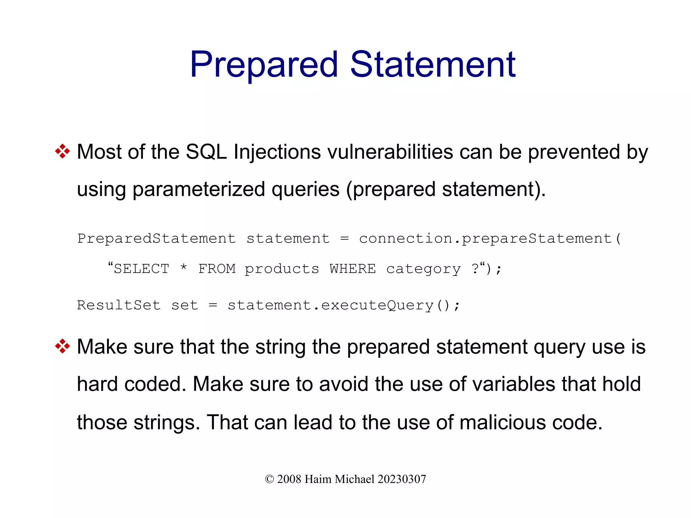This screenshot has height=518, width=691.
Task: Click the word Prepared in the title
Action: pos(264,65)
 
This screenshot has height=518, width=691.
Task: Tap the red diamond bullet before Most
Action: pos(62,151)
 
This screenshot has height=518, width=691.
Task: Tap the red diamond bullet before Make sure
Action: pos(62,346)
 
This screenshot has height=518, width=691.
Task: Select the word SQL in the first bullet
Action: pos(206,152)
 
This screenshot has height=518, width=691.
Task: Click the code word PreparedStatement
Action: pos(156,239)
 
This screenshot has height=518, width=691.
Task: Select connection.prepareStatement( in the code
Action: pos(490,239)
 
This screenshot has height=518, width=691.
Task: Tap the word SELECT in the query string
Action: pos(141,269)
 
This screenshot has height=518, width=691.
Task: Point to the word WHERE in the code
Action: pos(353,269)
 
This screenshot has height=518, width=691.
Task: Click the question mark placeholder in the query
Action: pos(475,269)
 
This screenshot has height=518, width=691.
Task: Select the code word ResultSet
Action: pos(118,305)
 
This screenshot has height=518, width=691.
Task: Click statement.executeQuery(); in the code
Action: pos(343,305)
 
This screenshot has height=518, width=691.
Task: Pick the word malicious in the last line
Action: pos(502,422)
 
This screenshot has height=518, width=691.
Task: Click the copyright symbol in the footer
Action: pos(269,479)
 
